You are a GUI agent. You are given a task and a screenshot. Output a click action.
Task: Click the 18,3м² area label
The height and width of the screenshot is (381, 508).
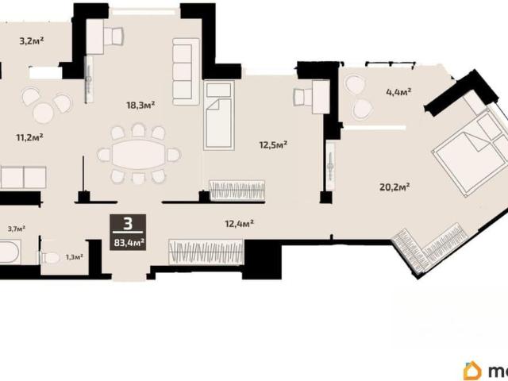click(140, 105)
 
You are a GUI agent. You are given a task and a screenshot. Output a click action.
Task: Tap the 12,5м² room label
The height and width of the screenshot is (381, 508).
click(273, 144)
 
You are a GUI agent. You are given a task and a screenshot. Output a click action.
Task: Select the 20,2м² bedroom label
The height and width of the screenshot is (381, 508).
click(394, 187)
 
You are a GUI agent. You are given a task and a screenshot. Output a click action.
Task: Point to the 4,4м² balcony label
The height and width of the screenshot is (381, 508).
click(398, 92)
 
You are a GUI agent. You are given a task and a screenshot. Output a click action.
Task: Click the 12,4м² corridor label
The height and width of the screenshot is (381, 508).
click(239, 224)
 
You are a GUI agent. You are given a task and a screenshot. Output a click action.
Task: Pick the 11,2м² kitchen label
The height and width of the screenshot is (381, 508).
click(30, 137)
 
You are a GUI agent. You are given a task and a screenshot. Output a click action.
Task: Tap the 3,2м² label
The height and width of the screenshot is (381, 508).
click(32, 41)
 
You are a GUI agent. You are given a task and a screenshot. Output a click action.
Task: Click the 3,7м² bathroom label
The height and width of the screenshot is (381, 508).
click(17, 229)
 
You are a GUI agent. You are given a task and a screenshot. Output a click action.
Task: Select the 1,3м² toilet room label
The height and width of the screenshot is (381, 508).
click(74, 257)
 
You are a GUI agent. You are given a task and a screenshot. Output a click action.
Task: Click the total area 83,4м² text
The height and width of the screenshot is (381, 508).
click(129, 242)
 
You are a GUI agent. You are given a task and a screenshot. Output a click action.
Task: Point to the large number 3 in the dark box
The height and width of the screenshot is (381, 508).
click(129, 224)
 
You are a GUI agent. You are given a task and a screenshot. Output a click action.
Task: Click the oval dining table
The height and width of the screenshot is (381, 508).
click(138, 155)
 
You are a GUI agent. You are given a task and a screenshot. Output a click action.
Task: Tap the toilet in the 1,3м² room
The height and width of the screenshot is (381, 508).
click(50, 258)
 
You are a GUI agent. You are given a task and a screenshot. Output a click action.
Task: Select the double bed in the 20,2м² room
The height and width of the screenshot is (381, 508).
click(470, 152)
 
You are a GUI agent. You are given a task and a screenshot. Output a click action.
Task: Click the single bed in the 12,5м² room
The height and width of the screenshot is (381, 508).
click(219, 115)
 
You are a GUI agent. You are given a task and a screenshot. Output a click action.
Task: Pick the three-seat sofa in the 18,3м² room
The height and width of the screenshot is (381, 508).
click(186, 72)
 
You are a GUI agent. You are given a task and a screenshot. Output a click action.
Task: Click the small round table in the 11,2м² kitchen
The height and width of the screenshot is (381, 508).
click(43, 113)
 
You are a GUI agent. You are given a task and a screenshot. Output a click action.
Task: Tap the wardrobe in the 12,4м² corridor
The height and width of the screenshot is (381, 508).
click(206, 252)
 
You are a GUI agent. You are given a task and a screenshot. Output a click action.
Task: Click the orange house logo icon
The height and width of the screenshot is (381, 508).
click(473, 371)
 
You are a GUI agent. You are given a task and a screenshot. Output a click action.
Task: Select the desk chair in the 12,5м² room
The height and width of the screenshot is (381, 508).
click(300, 97)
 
